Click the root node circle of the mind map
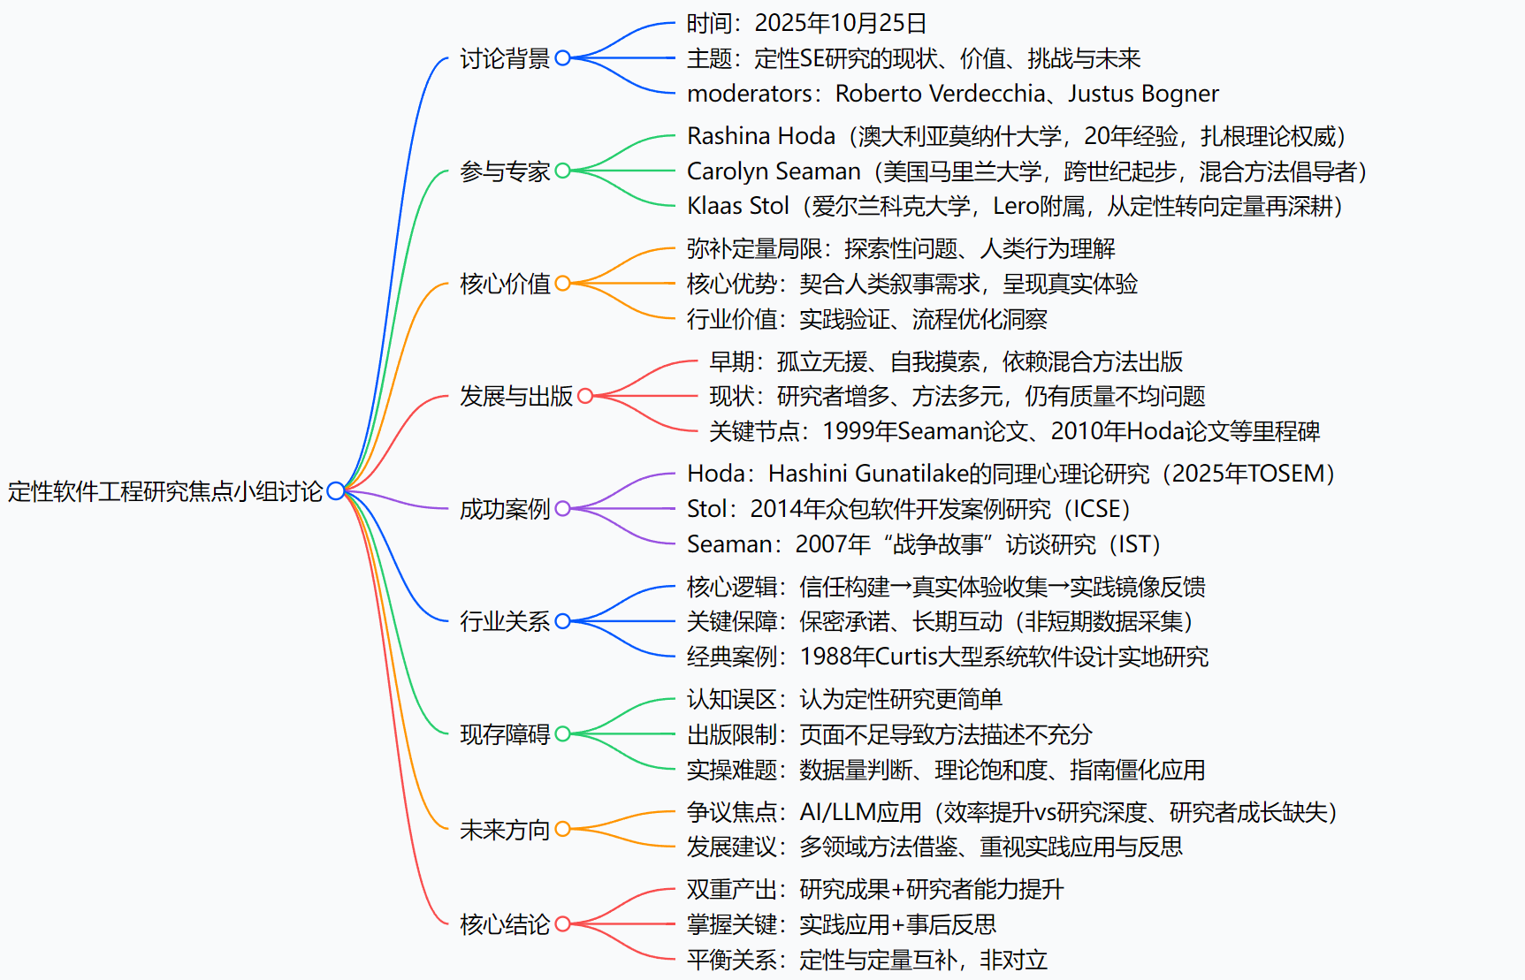pos(335,490)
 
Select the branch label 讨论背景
pos(505,58)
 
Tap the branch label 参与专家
pos(505,171)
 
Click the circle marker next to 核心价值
pos(562,284)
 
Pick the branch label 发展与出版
pos(516,396)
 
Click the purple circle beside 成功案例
pos(562,508)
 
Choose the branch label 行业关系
pos(505,621)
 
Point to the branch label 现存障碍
pos(505,734)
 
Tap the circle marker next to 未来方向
pos(562,829)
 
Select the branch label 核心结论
pos(505,924)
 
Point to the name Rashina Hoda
pos(761,136)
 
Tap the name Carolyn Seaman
pos(774,171)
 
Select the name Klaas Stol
pos(738,206)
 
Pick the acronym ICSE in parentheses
pos(1097,509)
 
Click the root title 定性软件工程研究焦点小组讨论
pos(165,491)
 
